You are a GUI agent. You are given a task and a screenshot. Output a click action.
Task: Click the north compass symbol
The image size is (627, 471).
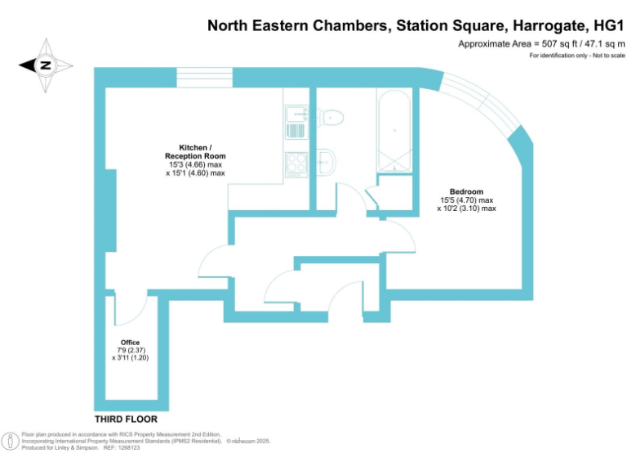46,65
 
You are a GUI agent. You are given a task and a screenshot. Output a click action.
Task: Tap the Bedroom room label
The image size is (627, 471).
466,191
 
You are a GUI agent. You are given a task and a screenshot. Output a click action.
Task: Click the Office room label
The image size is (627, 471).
130,342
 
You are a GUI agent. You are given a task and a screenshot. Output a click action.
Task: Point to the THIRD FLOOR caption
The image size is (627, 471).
126,419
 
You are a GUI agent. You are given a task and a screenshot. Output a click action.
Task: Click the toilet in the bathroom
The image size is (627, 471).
331,116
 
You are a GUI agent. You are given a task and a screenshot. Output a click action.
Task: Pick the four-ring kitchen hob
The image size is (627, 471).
296,163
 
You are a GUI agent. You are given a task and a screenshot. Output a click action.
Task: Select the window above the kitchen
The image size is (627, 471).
205,78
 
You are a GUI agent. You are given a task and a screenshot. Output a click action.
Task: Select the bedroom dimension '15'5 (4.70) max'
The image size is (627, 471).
467,200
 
